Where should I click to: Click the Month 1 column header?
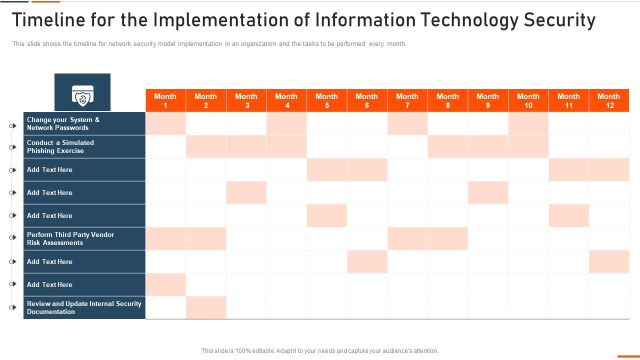(x=165, y=100)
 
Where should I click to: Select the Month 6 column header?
(x=367, y=100)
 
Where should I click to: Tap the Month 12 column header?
(x=609, y=100)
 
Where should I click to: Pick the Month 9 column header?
(x=488, y=100)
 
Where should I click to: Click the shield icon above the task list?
(x=82, y=95)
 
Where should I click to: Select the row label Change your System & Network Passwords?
(x=63, y=123)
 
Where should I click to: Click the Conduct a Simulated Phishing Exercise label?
(x=60, y=146)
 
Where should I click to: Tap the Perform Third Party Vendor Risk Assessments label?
(x=70, y=238)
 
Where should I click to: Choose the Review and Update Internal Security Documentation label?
(x=84, y=307)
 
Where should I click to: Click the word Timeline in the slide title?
(x=46, y=20)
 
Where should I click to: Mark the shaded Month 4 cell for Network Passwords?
(x=286, y=123)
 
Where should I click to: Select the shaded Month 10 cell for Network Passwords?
(x=528, y=123)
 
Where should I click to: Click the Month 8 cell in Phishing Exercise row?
(x=447, y=146)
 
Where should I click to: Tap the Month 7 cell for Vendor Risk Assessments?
(x=407, y=238)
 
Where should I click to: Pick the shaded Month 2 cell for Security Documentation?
(x=206, y=307)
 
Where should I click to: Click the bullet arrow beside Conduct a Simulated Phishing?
(x=13, y=147)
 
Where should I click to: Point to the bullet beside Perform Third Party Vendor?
(x=13, y=238)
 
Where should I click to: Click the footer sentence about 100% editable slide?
(x=319, y=351)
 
